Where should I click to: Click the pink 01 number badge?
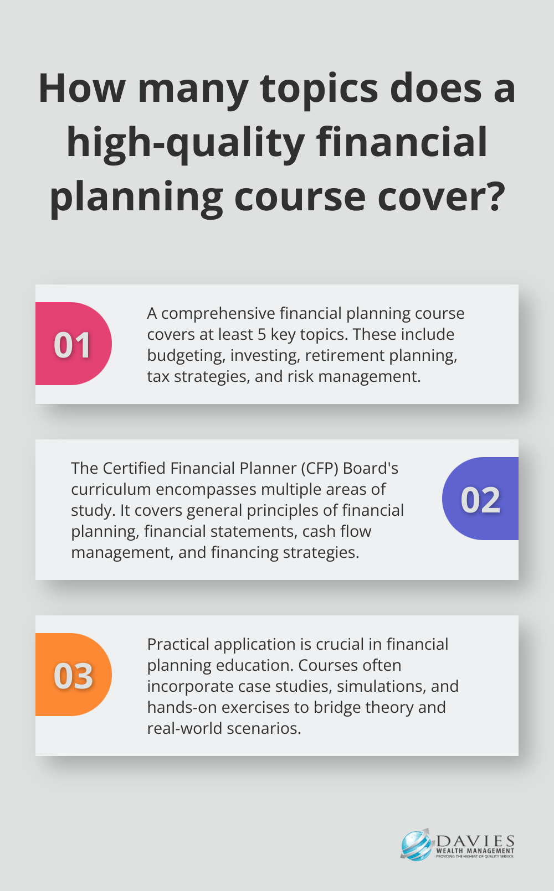point(73,344)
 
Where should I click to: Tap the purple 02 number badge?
point(480,499)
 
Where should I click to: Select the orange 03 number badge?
point(73,675)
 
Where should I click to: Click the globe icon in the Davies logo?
point(416,846)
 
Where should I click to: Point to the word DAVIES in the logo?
point(475,841)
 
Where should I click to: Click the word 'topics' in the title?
point(319,90)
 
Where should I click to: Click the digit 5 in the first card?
point(261,334)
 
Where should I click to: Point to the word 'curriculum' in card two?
point(111,489)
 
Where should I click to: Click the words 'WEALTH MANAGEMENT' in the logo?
point(475,851)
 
